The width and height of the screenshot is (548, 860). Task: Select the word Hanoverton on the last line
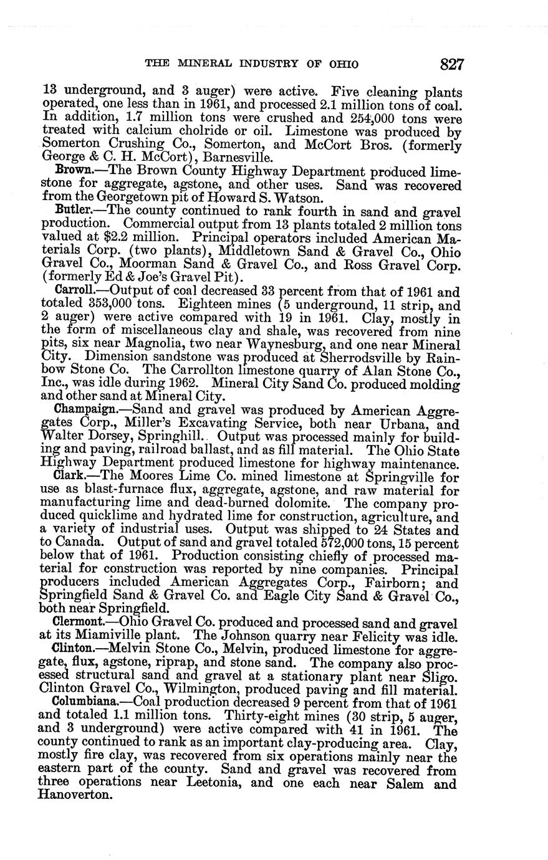74,796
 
